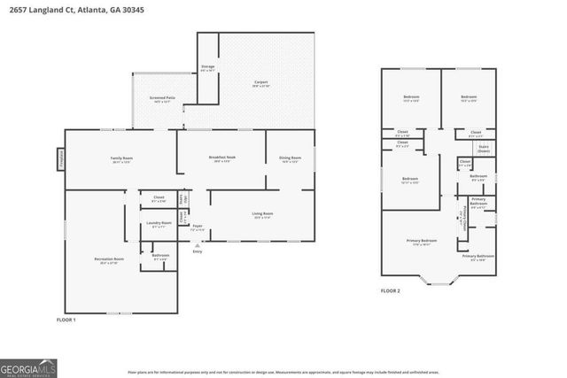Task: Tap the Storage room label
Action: (208, 68)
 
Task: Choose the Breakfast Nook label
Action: (222, 159)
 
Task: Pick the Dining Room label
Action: (290, 159)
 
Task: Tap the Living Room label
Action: (263, 215)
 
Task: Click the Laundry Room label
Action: (161, 225)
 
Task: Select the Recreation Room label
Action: (109, 261)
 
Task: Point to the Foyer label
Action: (198, 228)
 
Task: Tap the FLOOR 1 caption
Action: (66, 319)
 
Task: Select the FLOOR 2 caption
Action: (391, 290)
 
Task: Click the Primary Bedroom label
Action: (423, 242)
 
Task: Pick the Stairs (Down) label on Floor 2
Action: (484, 150)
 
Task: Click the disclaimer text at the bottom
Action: (283, 372)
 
